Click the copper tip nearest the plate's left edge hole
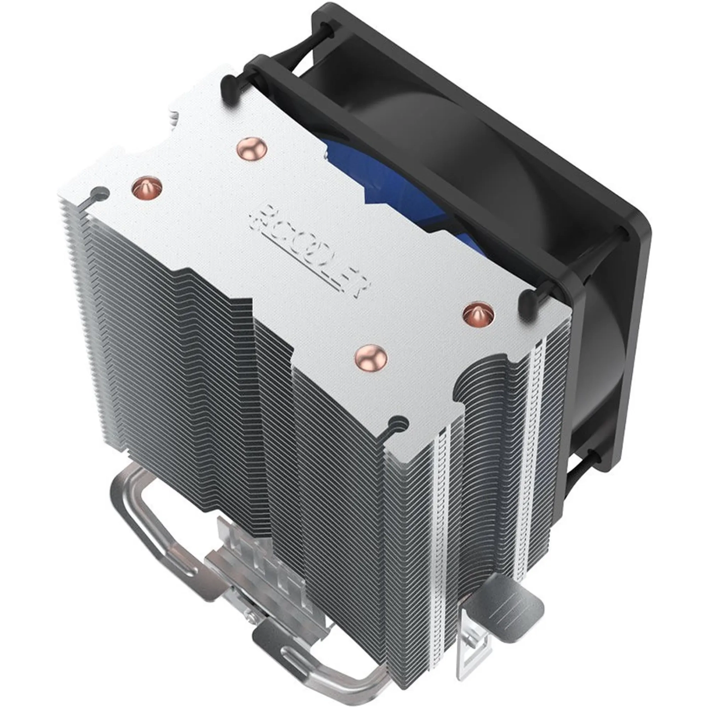145,187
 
